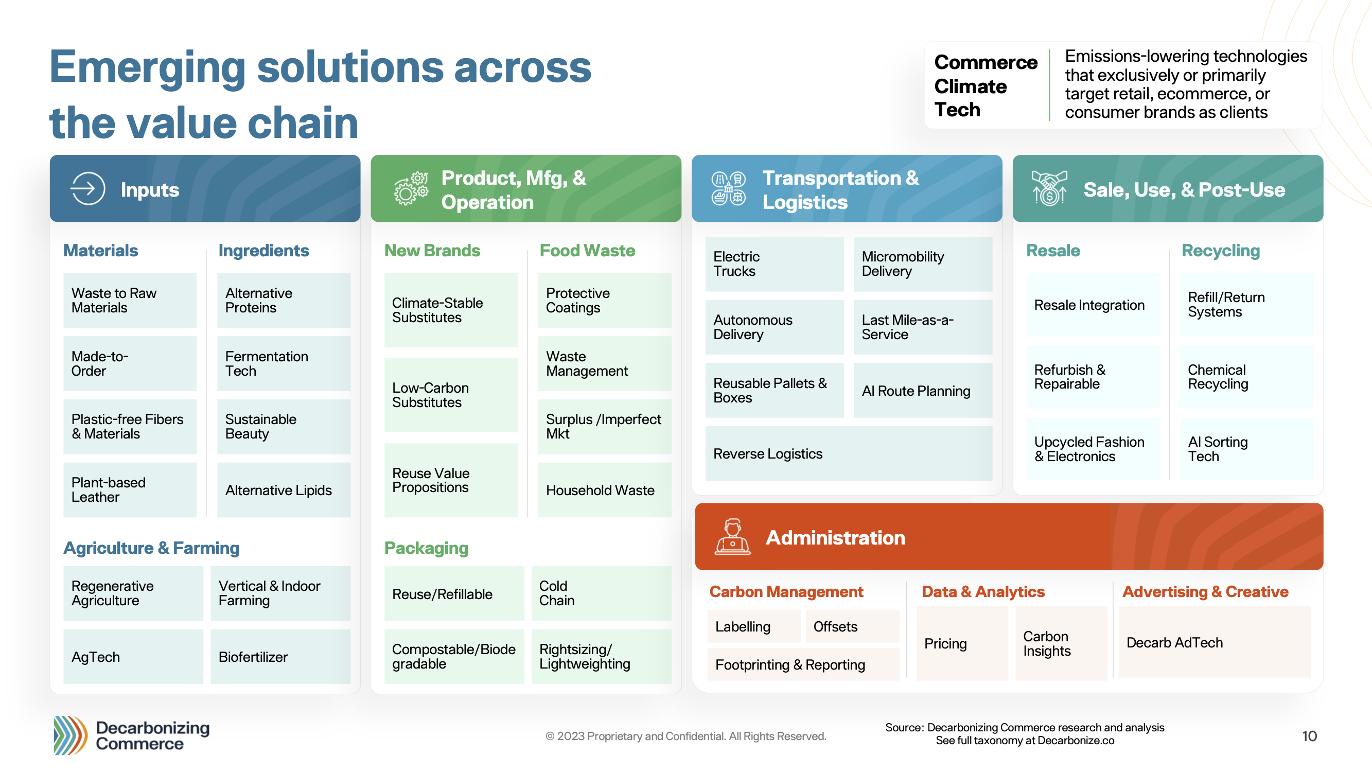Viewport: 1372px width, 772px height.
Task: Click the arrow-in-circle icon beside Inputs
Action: pos(87,188)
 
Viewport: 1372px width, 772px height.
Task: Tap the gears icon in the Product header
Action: pos(411,188)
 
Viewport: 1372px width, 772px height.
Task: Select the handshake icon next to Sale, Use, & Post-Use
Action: pos(1049,188)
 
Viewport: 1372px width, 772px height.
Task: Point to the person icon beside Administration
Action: pos(732,536)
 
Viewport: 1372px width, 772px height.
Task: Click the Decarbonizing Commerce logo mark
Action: pos(71,735)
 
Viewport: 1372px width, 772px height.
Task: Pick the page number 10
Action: pos(1309,736)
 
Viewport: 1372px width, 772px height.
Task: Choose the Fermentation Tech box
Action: pos(284,363)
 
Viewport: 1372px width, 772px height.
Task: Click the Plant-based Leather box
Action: pos(130,489)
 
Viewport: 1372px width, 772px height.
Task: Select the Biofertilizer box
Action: pos(280,656)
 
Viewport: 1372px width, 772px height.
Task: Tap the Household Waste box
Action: pos(605,489)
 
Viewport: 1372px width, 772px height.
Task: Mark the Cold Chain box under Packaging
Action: pos(601,593)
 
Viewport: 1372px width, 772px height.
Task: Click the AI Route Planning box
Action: pos(923,391)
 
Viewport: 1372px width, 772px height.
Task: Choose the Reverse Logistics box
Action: pos(849,453)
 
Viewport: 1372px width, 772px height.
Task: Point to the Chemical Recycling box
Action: pos(1247,377)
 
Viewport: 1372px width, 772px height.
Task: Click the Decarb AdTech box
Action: pos(1215,642)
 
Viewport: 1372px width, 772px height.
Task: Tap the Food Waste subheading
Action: pos(588,251)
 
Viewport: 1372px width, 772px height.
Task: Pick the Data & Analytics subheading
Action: pos(983,591)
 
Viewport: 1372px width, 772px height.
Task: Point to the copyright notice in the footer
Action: pos(686,736)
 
